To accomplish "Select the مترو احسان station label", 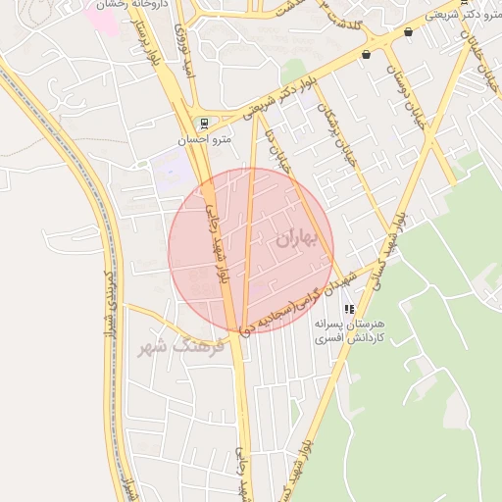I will (x=204, y=139).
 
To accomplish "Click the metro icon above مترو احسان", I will (x=203, y=124).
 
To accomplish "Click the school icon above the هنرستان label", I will (x=349, y=309).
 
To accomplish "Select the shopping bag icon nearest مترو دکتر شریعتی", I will (x=409, y=32).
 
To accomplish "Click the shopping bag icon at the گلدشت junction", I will (x=366, y=55).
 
